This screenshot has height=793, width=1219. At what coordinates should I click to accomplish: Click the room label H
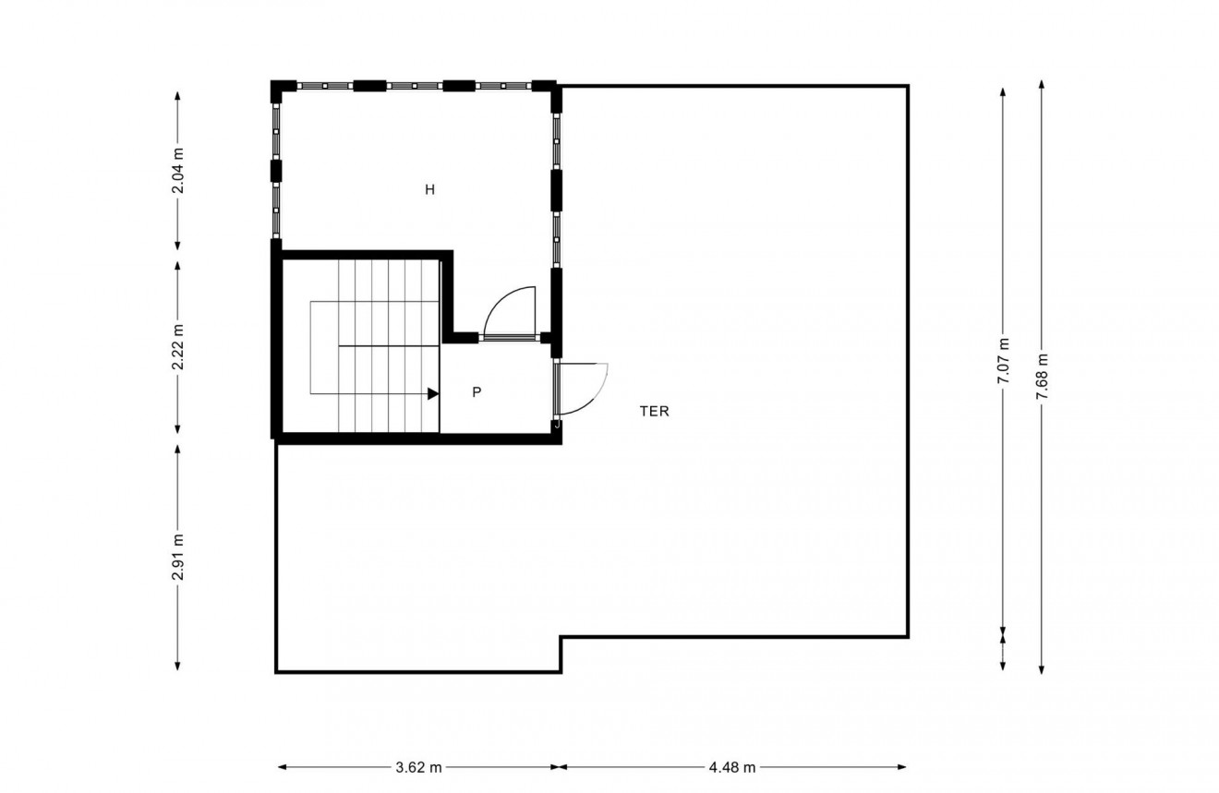tap(429, 190)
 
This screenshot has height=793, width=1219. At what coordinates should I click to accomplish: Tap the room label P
tap(477, 392)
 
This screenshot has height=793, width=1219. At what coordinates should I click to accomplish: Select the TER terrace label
tap(654, 412)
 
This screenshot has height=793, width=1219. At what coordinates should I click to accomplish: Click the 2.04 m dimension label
tap(177, 171)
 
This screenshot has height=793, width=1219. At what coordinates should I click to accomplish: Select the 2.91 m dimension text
tap(177, 558)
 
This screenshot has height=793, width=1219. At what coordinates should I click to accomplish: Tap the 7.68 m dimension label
tap(1042, 377)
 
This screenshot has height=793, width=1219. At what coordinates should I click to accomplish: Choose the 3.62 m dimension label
tap(418, 767)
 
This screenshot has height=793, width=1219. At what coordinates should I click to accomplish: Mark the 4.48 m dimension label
tap(732, 767)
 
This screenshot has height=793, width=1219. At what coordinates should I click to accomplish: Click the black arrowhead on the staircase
tap(432, 393)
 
